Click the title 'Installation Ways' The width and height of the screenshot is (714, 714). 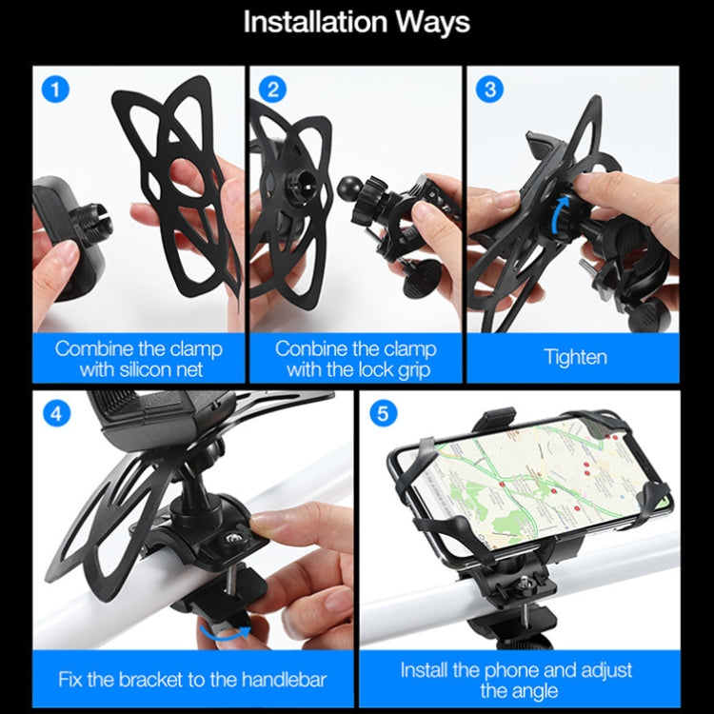(356, 23)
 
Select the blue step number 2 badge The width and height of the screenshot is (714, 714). (274, 90)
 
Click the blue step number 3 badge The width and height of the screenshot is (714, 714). (490, 90)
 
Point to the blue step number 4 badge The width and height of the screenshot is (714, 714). (58, 415)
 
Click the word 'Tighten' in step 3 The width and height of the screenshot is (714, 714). (575, 358)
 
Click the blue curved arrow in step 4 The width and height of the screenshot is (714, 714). (224, 634)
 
